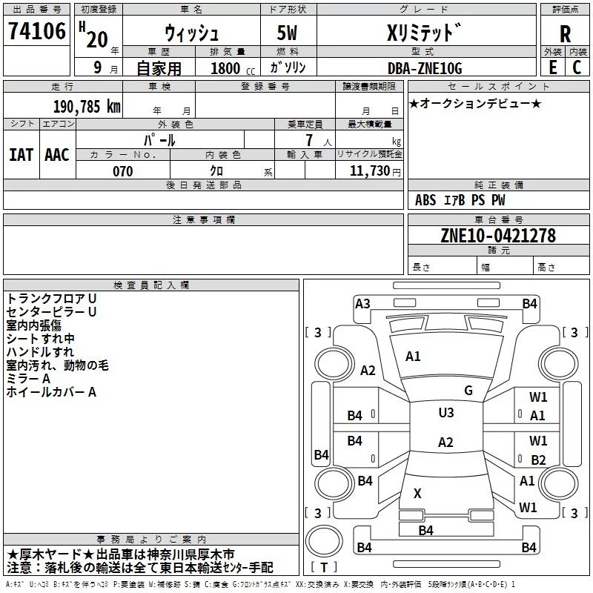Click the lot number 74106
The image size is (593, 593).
(36, 30)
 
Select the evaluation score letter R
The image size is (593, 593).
(565, 34)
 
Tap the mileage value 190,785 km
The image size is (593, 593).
(87, 107)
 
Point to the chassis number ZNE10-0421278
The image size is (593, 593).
(498, 235)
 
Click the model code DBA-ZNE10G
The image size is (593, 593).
(425, 68)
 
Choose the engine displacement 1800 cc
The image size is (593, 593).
(233, 68)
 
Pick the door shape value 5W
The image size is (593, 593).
(287, 33)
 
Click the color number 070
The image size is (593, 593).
(122, 171)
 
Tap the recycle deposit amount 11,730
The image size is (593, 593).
(369, 171)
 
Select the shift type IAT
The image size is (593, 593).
(21, 155)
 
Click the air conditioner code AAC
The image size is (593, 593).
(57, 155)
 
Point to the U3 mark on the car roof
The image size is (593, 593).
(446, 412)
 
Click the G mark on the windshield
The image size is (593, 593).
(468, 390)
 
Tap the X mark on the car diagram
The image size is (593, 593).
(417, 493)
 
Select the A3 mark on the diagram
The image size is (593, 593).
(362, 304)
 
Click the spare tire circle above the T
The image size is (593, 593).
(324, 540)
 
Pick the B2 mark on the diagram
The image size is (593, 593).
(538, 460)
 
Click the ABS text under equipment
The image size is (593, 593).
(425, 200)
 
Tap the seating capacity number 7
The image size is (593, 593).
(309, 140)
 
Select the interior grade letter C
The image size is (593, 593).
(577, 67)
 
